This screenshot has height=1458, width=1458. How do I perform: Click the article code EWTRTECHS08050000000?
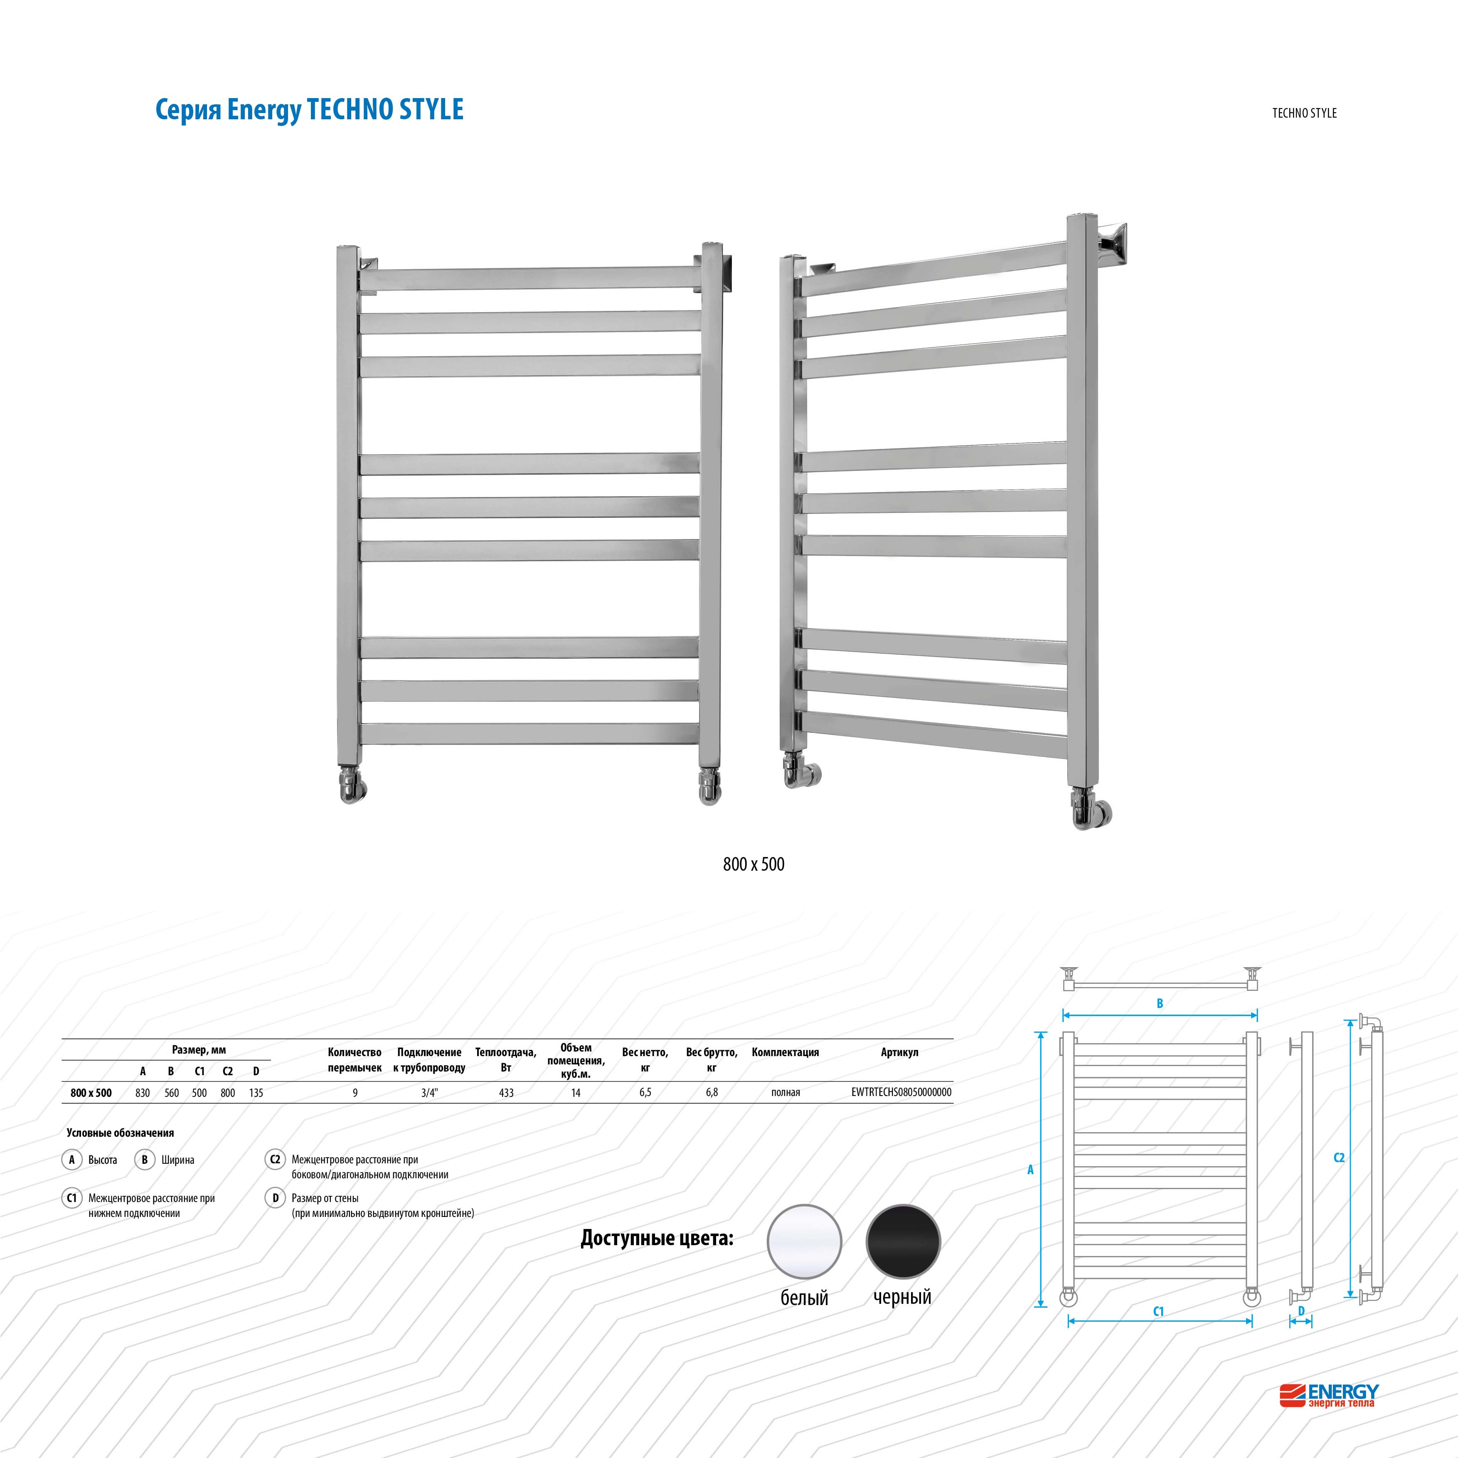(901, 1092)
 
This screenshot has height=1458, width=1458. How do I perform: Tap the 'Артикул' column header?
(899, 1052)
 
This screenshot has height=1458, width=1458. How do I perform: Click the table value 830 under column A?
(143, 1093)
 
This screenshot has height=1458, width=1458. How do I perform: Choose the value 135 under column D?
(256, 1093)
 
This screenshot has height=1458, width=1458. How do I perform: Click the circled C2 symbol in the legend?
(275, 1159)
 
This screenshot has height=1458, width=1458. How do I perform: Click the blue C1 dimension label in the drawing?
(1158, 1312)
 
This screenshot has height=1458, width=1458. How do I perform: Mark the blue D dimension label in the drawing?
(1301, 1312)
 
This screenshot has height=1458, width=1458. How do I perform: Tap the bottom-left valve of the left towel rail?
(352, 786)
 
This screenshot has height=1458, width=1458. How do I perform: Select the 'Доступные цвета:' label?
(657, 1239)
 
